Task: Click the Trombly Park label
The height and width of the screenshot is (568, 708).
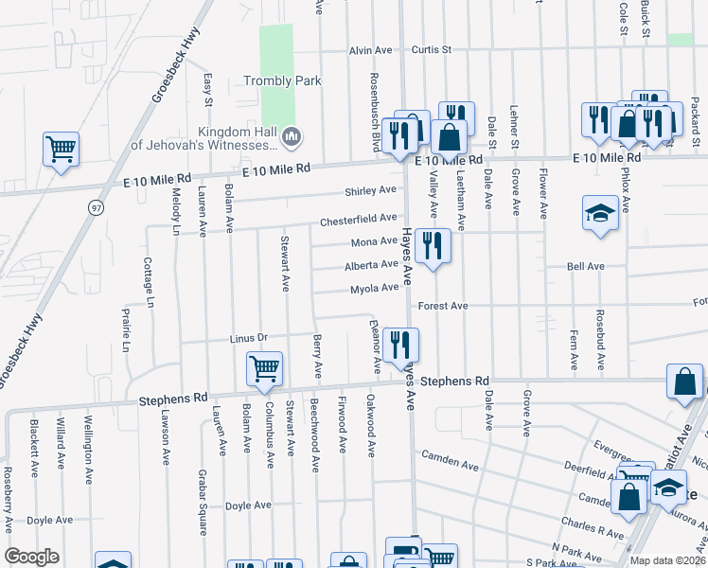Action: (x=282, y=81)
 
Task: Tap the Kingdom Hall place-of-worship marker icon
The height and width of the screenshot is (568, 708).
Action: (x=292, y=138)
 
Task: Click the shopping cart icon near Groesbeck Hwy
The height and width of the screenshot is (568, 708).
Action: (x=61, y=149)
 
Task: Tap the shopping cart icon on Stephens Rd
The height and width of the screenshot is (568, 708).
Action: (x=264, y=368)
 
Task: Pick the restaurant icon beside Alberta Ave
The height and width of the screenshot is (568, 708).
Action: (x=434, y=246)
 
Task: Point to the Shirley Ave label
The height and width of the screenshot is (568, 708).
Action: (x=371, y=190)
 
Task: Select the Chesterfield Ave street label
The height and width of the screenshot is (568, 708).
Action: (x=358, y=219)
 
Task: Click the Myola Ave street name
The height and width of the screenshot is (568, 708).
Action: (x=374, y=289)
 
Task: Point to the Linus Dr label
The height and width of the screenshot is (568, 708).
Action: (x=250, y=338)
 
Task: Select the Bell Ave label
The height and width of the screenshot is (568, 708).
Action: (x=585, y=267)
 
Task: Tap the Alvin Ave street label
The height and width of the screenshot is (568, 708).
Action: (x=370, y=50)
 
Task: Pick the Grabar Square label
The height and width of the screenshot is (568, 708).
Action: (x=203, y=489)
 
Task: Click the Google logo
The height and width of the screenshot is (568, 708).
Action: (x=32, y=557)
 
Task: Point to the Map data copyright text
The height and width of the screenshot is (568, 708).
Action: (x=667, y=560)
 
